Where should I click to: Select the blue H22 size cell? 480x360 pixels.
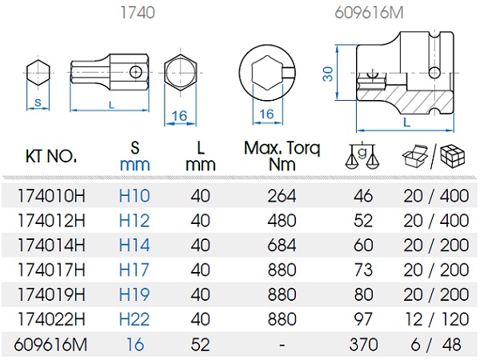click(134, 320)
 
